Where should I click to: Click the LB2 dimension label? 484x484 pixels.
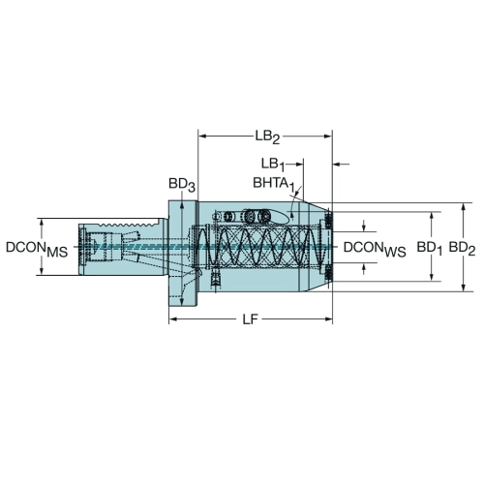point(267,136)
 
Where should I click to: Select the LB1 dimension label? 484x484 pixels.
point(273,165)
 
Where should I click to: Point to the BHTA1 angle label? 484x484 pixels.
point(274,184)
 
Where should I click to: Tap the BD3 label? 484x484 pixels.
point(182,185)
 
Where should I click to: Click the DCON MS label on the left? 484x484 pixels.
point(37,249)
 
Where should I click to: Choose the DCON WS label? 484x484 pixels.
point(375,249)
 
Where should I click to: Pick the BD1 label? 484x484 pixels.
point(429,248)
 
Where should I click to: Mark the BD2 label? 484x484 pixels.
point(462,248)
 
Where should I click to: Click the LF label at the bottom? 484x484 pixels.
point(251,319)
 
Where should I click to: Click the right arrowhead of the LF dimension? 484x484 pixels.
point(328,319)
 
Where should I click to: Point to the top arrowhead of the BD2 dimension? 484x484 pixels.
point(464,207)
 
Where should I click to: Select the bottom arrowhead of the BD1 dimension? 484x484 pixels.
point(432,277)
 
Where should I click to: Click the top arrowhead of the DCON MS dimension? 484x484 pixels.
point(42,223)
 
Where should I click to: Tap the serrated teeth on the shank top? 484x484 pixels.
point(129,224)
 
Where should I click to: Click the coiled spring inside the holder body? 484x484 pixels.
point(258,247)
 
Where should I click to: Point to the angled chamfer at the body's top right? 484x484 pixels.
point(318,207)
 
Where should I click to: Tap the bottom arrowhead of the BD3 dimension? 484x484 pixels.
point(182,302)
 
